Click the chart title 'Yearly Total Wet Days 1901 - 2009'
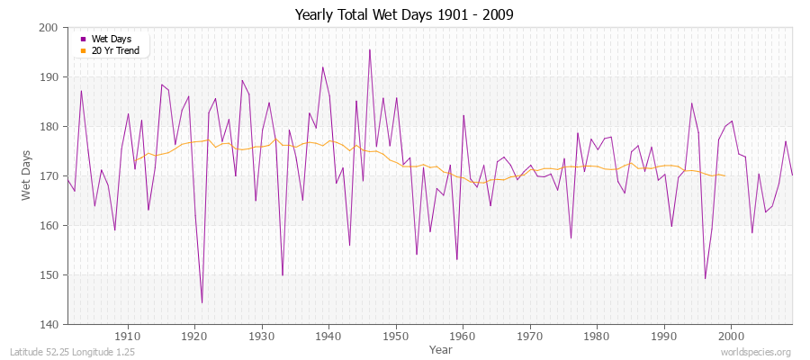click(x=404, y=15)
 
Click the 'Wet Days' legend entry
click(x=111, y=39)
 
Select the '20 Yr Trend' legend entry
click(x=114, y=50)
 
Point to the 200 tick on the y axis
click(x=49, y=28)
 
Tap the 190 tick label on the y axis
click(x=49, y=77)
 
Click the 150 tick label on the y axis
click(x=49, y=275)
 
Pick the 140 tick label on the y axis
click(x=49, y=325)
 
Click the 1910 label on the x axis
click(x=128, y=337)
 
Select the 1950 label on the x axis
click(x=396, y=337)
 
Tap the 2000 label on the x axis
click(x=731, y=337)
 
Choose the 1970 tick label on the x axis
click(x=530, y=337)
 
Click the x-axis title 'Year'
click(x=441, y=349)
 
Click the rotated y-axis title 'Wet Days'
click(x=27, y=175)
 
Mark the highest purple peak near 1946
click(x=369, y=49)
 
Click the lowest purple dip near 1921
click(x=202, y=302)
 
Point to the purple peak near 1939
click(x=322, y=67)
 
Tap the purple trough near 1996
click(x=705, y=278)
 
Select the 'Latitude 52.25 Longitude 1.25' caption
click(x=73, y=352)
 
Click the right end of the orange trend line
click(x=725, y=175)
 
